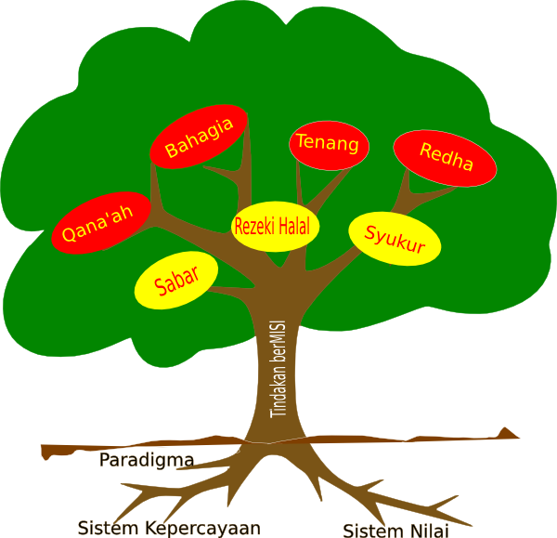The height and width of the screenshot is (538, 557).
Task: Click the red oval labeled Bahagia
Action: click(x=199, y=137)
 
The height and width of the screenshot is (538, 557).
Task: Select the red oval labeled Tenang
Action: click(x=330, y=145)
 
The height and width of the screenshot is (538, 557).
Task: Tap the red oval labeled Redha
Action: click(x=446, y=157)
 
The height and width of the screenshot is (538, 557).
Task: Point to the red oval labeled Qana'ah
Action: click(x=98, y=223)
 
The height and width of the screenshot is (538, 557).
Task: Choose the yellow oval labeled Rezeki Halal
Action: click(x=276, y=226)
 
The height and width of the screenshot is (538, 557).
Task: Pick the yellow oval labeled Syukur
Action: click(x=395, y=239)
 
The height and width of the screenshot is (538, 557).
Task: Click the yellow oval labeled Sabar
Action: click(x=176, y=281)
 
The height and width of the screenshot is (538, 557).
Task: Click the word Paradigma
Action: click(x=147, y=460)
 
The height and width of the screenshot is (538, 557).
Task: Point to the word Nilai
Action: click(x=426, y=531)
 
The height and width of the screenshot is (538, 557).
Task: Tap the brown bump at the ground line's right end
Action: click(x=507, y=433)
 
